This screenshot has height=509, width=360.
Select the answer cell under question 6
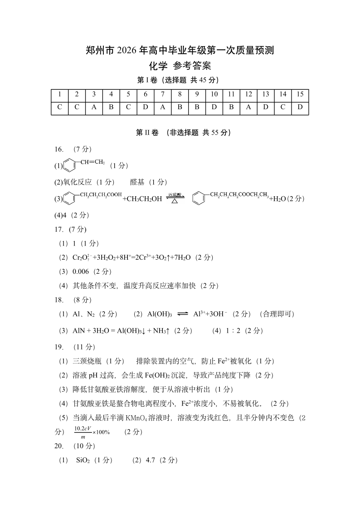146,108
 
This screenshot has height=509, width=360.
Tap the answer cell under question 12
248,108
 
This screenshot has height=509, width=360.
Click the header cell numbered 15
300,95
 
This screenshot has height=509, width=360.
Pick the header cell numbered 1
59,95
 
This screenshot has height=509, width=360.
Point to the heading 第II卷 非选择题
180,133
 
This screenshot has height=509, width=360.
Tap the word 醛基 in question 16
136,182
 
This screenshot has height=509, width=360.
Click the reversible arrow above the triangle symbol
175,195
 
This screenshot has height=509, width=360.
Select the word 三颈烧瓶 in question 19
85,361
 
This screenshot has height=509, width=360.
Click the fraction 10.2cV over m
83,431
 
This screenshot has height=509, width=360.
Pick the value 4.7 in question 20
151,460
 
